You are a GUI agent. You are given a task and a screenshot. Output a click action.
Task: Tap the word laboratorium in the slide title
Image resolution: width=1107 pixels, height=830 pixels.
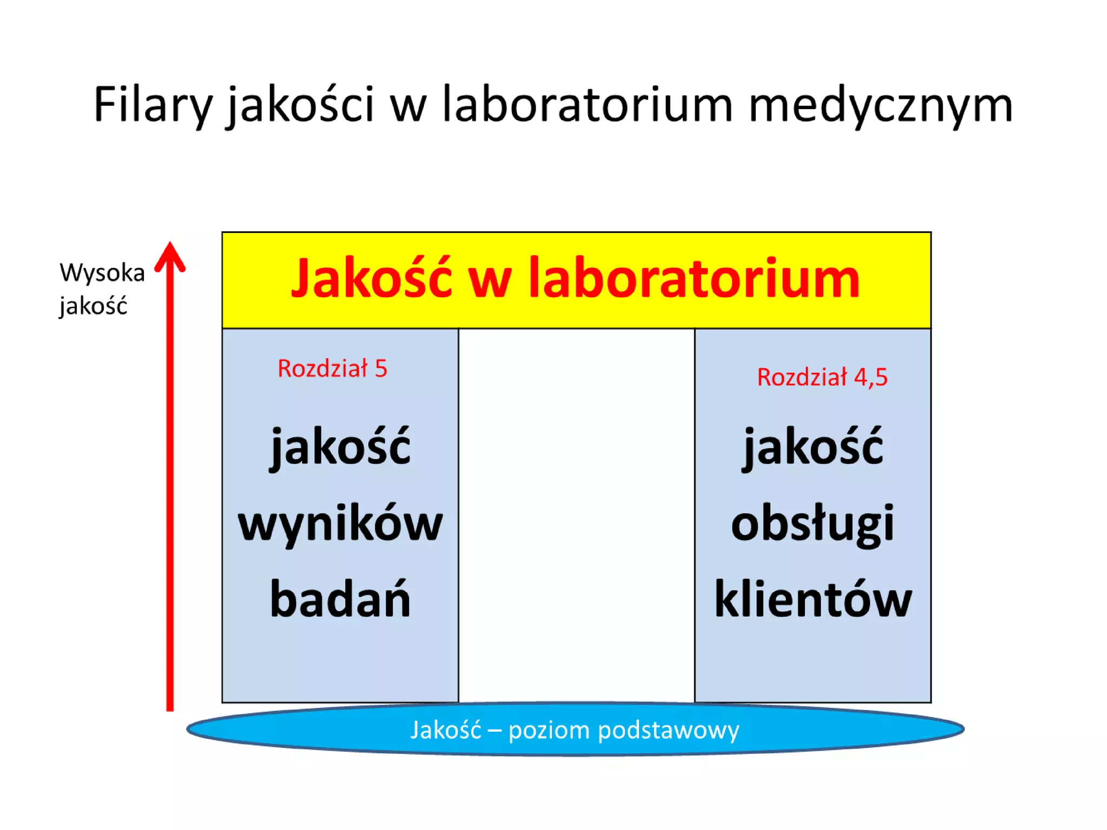tap(587, 104)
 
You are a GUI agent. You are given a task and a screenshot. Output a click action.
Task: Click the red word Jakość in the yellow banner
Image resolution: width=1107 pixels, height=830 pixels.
tap(371, 278)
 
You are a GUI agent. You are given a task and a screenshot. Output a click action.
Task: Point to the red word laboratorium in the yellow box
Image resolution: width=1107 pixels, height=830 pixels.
tap(693, 278)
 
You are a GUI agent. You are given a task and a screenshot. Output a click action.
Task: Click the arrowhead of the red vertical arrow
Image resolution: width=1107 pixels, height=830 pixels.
tap(170, 256)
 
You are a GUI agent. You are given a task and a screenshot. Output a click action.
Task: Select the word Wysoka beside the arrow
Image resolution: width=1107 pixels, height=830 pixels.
tap(102, 272)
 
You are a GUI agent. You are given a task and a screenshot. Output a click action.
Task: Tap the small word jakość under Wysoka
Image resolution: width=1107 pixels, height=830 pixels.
tap(94, 306)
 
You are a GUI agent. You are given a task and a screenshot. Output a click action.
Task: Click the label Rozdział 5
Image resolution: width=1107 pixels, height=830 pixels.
tap(332, 369)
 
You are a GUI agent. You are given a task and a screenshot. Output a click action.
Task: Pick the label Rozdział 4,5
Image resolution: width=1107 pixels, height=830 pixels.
tap(822, 377)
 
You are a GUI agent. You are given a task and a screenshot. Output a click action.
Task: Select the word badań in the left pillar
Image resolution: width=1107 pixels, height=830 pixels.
tap(340, 599)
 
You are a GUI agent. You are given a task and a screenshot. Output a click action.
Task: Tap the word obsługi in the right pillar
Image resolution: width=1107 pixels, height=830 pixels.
tap(812, 523)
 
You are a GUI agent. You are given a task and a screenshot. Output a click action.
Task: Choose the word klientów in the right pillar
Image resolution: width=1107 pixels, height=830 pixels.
tap(812, 599)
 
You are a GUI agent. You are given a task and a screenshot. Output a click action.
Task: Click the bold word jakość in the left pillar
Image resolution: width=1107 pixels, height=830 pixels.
tap(340, 446)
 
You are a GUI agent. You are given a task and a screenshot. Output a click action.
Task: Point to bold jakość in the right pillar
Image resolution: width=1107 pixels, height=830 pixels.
tap(812, 446)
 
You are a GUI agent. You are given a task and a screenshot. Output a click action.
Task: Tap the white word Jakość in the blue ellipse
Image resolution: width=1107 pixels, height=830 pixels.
tap(445, 730)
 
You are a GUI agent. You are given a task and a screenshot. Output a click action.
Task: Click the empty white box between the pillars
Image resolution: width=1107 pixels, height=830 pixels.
tap(576, 513)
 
